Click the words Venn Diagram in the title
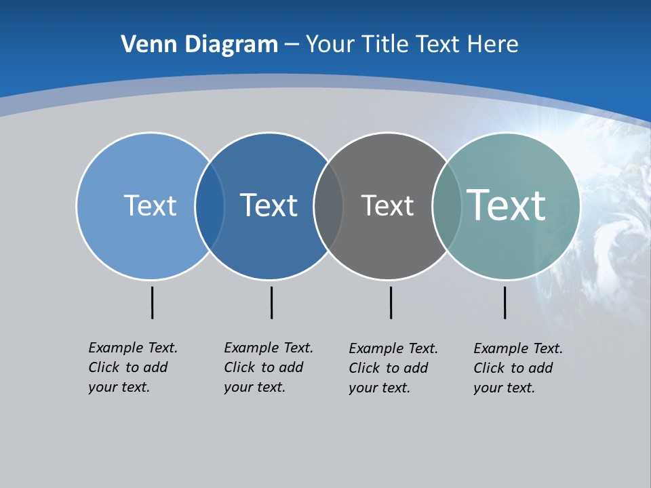tap(199, 45)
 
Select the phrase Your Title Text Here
tap(412, 45)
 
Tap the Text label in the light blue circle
tap(150, 205)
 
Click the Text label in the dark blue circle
tap(269, 205)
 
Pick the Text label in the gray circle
tap(387, 205)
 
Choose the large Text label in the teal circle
tap(506, 205)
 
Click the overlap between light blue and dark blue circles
tap(210, 206)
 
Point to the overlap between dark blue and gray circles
tap(328, 206)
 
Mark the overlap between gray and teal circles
tap(447, 206)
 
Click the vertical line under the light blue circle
tap(152, 302)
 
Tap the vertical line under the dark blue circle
tap(271, 302)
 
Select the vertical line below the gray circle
tap(391, 302)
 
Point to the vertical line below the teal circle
tap(505, 302)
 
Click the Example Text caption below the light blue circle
tap(132, 367)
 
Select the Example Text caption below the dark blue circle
tap(268, 367)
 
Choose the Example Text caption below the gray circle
tap(393, 368)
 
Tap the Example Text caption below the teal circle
tap(517, 368)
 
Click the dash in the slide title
tap(292, 45)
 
